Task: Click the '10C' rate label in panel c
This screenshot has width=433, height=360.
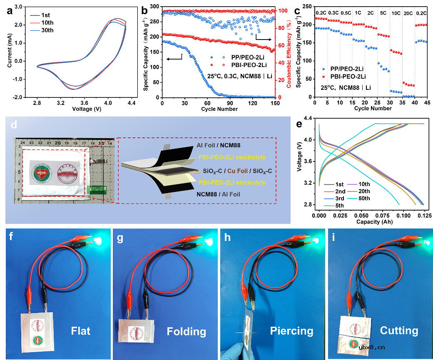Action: (396, 13)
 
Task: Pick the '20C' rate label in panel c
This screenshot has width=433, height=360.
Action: (408, 13)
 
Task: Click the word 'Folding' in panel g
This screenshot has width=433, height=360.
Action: (186, 331)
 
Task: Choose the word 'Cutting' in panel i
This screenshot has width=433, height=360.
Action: (399, 330)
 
